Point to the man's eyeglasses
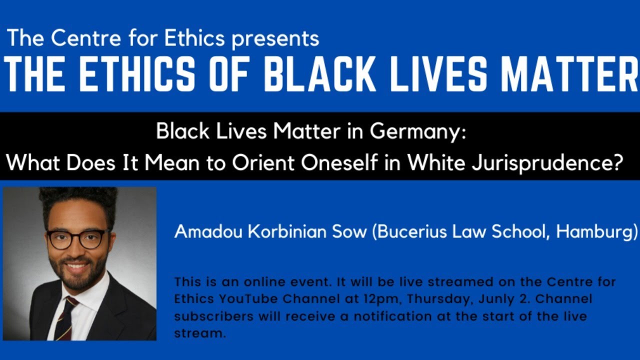78,238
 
